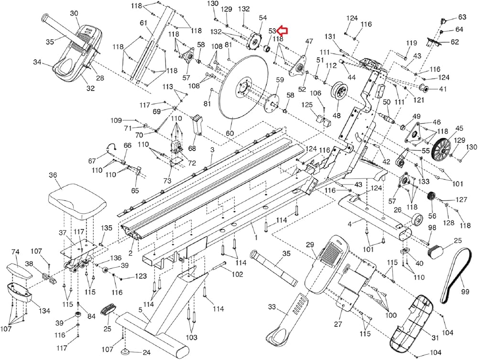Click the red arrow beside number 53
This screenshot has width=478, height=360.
pyautogui.click(x=282, y=31)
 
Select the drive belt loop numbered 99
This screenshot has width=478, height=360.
pyautogui.click(x=457, y=277)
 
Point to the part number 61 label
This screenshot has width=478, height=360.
pyautogui.click(x=143, y=22)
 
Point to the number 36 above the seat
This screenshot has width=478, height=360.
pyautogui.click(x=53, y=175)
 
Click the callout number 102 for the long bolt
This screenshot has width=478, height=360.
pyautogui.click(x=237, y=274)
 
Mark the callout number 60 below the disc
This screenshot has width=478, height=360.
pyautogui.click(x=230, y=133)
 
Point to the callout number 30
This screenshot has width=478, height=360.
pyautogui.click(x=74, y=13)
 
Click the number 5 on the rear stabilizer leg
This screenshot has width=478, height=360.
pyautogui.click(x=141, y=310)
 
